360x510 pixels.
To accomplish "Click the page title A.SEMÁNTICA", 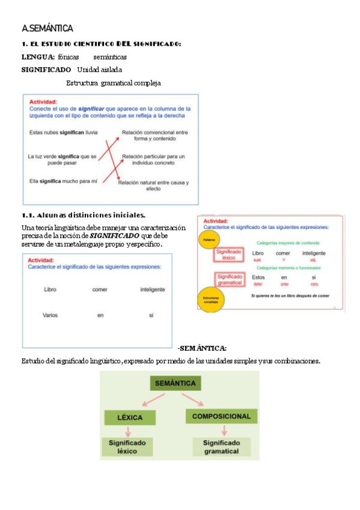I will tap(47, 28).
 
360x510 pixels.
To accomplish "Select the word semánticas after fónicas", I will tap(110, 57).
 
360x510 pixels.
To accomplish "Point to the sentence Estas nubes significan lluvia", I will tap(63, 132).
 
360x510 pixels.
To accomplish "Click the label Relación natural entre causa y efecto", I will tap(153, 185).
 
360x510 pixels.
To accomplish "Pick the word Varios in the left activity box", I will tap(50, 315).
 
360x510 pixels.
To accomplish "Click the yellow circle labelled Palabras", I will tap(208, 240).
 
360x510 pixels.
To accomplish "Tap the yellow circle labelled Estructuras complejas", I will tap(210, 300).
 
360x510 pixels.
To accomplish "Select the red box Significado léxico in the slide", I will tap(228, 255).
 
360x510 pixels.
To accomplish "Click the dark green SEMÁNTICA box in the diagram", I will tap(175, 382).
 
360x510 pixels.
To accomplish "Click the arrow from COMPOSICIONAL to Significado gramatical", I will tap(224, 430).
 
